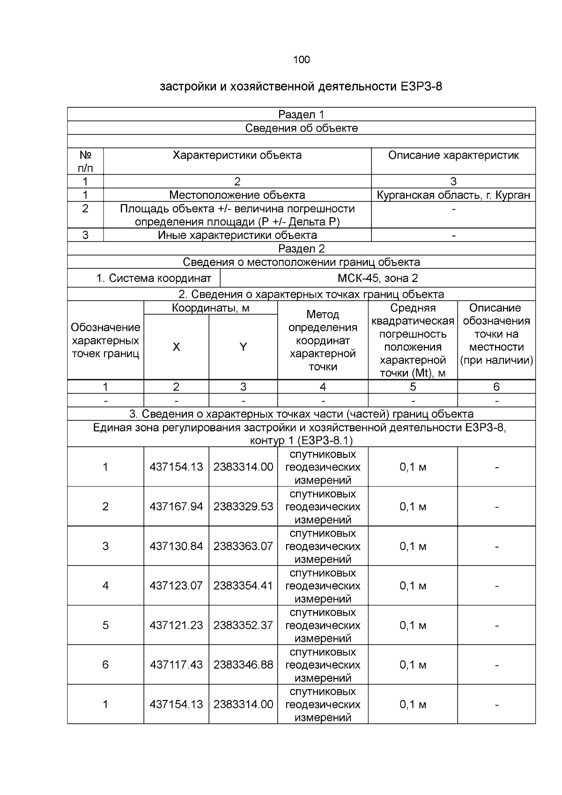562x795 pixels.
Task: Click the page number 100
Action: click(x=301, y=59)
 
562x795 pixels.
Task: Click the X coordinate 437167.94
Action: click(x=176, y=507)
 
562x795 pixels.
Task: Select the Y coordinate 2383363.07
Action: click(x=243, y=546)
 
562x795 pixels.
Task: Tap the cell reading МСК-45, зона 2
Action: click(x=377, y=278)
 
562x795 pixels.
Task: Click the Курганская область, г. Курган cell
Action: click(x=453, y=195)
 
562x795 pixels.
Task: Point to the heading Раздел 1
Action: click(x=301, y=114)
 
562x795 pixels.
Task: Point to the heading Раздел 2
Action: click(x=301, y=249)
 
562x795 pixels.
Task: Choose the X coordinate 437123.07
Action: click(x=176, y=586)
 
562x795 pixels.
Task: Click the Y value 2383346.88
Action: click(x=243, y=665)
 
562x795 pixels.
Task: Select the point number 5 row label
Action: click(x=105, y=625)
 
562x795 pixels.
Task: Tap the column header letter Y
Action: click(x=243, y=347)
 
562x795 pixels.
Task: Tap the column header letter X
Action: click(x=176, y=347)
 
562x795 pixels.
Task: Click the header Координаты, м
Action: click(x=210, y=308)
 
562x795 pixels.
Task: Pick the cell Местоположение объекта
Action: click(x=237, y=195)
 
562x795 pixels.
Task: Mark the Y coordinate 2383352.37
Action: click(x=243, y=625)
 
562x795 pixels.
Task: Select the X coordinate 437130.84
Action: click(x=176, y=546)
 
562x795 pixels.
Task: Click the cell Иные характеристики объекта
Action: click(x=237, y=235)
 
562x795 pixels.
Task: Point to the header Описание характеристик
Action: click(x=453, y=155)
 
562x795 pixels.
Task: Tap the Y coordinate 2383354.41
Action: click(x=243, y=586)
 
